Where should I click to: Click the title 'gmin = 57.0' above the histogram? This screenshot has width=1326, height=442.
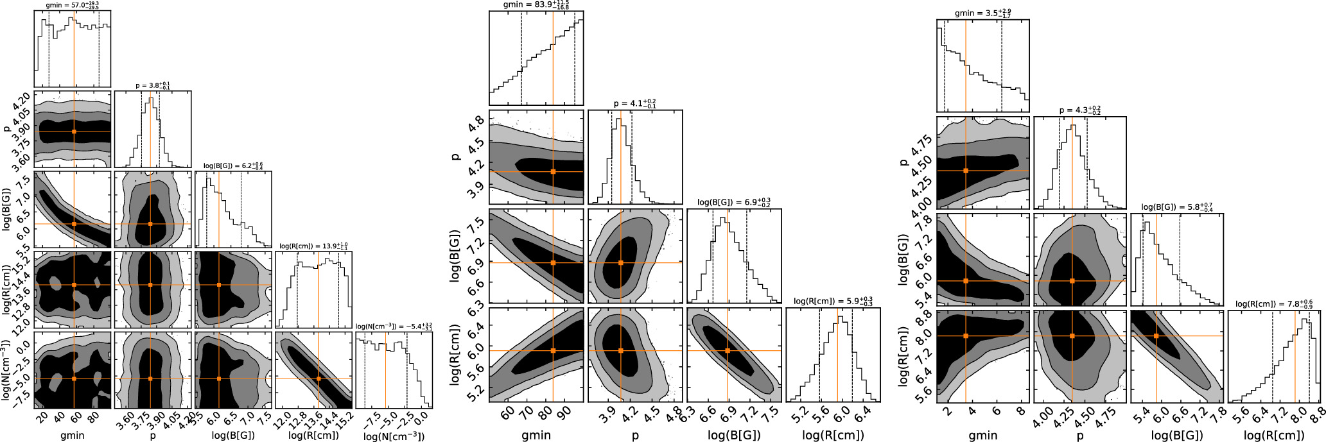(x=73, y=5)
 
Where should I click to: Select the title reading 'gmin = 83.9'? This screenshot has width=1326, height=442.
(x=536, y=5)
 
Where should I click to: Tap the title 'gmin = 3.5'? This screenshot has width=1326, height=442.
(x=983, y=12)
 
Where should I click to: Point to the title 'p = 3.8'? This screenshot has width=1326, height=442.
(x=152, y=85)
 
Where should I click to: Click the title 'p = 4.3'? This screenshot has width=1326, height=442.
(x=1080, y=110)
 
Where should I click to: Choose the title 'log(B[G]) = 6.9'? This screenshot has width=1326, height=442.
(x=734, y=202)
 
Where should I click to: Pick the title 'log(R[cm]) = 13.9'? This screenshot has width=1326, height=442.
(x=314, y=245)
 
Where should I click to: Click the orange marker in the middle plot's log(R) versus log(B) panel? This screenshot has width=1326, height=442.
(x=728, y=350)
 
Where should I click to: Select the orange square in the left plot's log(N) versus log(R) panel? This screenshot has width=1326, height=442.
(x=318, y=378)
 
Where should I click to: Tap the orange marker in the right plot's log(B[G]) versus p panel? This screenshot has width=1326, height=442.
(x=1072, y=280)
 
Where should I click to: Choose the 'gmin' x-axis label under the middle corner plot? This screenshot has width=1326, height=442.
(x=536, y=435)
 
